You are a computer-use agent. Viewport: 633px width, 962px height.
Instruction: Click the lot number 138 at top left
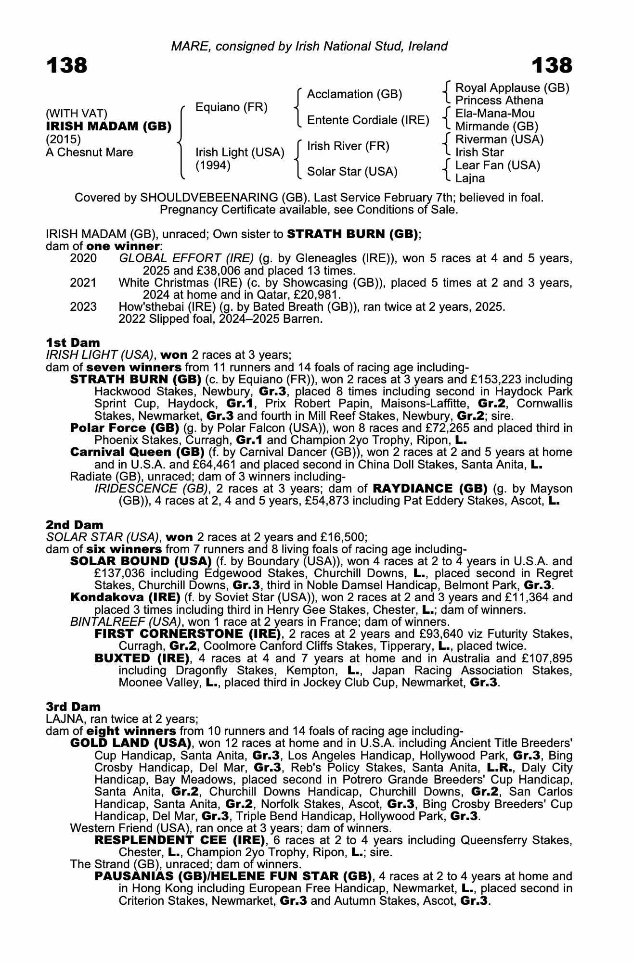[67, 65]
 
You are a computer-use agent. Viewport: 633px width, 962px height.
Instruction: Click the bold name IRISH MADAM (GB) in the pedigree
[109, 127]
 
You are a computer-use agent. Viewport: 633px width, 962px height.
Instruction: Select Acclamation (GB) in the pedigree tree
[354, 94]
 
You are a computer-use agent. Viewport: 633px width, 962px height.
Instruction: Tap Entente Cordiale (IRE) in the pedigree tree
[368, 120]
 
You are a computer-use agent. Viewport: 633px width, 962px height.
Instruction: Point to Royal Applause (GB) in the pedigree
[512, 88]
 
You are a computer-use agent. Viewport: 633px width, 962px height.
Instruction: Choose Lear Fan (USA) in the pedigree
[498, 165]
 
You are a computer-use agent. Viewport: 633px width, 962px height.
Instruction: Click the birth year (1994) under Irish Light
[213, 165]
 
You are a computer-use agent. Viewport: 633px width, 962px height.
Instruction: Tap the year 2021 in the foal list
[83, 282]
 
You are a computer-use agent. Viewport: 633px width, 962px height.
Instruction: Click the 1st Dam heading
[73, 342]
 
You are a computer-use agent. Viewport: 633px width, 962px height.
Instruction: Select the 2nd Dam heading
[75, 524]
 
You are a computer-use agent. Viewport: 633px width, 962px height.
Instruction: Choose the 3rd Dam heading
[74, 707]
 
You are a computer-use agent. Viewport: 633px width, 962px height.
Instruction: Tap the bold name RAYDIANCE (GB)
[430, 489]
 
